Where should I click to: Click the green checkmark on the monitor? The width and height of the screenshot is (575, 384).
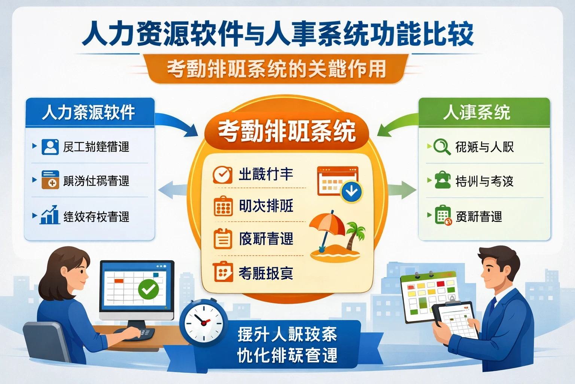[x=149, y=289]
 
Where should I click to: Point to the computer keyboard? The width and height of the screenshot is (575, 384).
[x=135, y=333]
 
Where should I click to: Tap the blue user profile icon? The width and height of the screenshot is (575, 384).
[x=50, y=147]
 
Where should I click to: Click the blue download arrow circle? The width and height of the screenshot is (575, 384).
[x=352, y=192]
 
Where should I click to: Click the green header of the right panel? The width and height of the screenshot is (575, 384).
[x=484, y=112]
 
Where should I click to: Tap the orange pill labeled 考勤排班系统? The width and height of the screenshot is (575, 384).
[x=287, y=131]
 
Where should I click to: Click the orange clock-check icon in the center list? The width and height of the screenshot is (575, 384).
[x=222, y=174]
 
